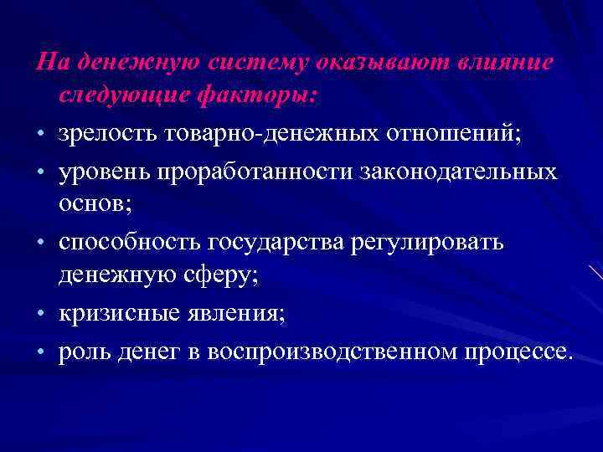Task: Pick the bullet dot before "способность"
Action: pos(40,244)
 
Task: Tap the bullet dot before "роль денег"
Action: pos(40,352)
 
